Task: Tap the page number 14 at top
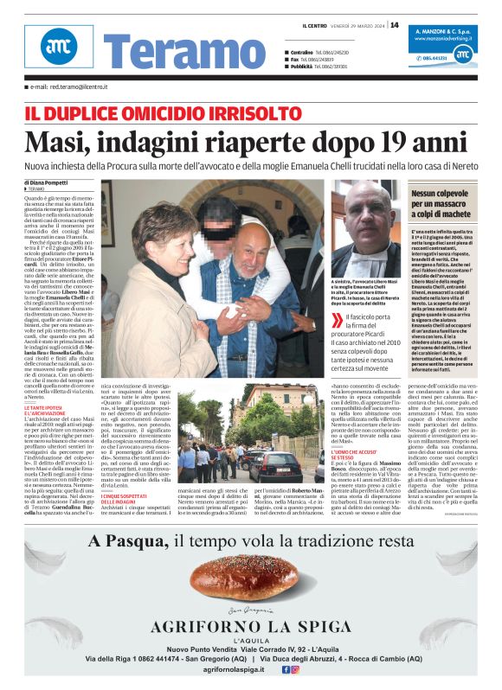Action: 394,24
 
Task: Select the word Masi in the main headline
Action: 57,141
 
